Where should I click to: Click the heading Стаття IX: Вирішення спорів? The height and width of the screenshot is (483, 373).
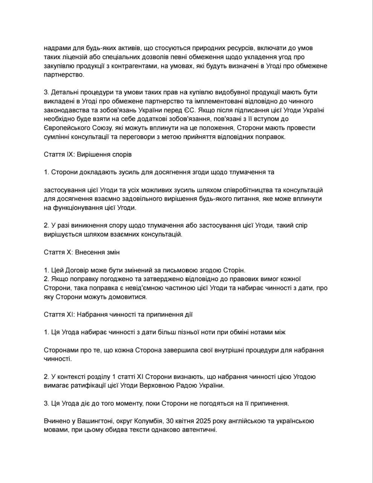[87, 154]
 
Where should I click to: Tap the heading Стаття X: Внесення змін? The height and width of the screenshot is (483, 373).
[81, 252]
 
